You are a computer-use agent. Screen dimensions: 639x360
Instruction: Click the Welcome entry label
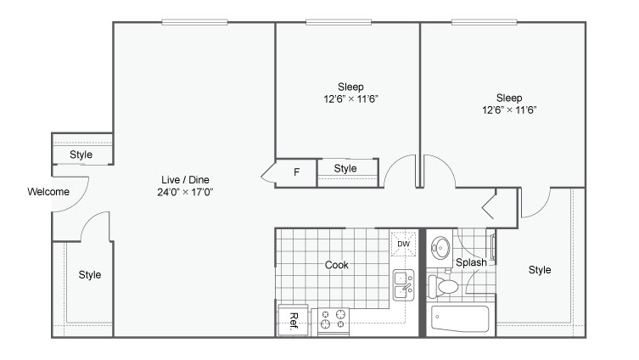[48, 192]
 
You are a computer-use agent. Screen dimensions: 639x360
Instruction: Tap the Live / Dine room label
[186, 180]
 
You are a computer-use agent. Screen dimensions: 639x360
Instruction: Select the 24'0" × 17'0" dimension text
[186, 192]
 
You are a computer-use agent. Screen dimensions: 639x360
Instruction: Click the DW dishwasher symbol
[403, 244]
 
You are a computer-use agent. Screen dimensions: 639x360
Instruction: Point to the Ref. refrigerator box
[293, 320]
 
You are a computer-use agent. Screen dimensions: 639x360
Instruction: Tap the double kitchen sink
[403, 285]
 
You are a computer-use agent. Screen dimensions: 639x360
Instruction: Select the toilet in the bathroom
[443, 286]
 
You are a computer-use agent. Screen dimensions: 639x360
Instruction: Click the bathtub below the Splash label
[460, 319]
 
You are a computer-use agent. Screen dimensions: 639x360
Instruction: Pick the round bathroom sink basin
[440, 247]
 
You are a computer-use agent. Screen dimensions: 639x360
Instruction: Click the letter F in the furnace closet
[297, 172]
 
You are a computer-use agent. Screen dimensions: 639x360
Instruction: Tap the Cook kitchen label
[337, 265]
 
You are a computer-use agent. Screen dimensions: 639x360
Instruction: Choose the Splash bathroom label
[471, 262]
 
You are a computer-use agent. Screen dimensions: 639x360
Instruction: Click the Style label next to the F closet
[345, 168]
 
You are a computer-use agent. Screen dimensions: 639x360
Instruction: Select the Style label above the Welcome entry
[81, 155]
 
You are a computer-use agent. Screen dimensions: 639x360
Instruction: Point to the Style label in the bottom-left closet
[90, 275]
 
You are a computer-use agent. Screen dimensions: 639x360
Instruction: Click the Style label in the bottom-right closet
[540, 270]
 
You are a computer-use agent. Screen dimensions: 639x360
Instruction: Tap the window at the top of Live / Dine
[194, 22]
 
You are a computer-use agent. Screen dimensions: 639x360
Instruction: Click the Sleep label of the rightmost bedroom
[509, 98]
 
